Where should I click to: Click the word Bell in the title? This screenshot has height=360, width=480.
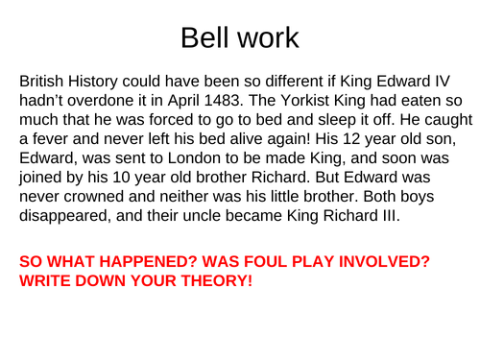coord(203,38)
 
